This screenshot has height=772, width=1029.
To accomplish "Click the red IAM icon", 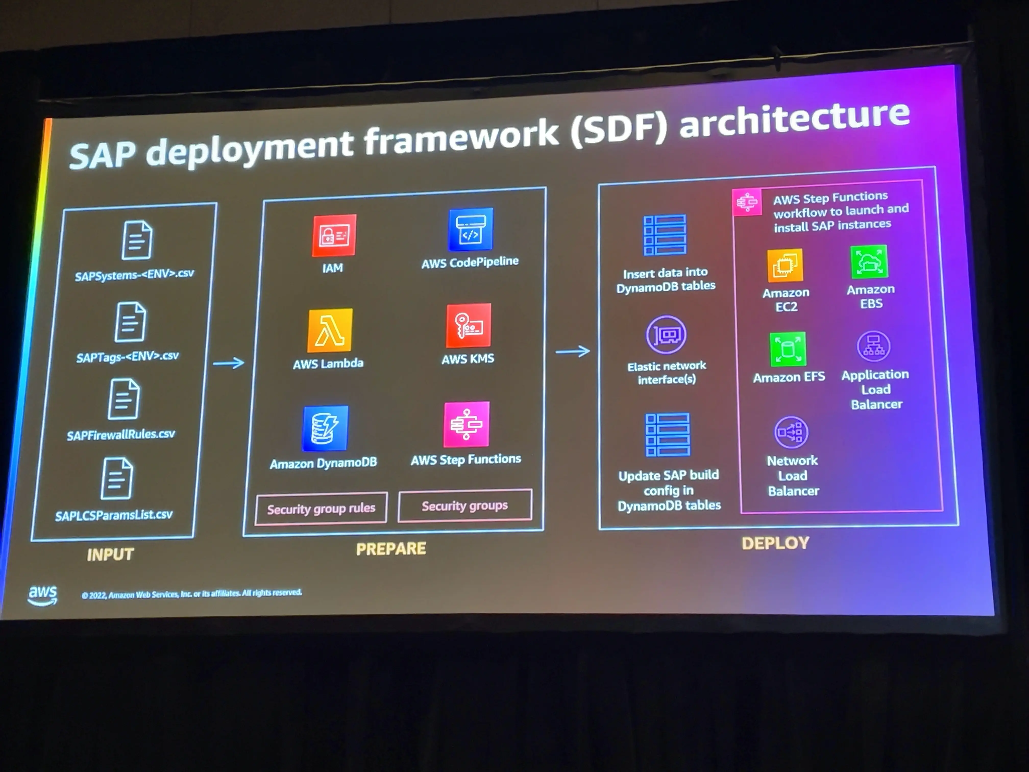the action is pyautogui.click(x=334, y=235).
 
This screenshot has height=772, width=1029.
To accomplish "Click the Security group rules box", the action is pyautogui.click(x=321, y=508).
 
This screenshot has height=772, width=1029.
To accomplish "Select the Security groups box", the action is pyautogui.click(x=465, y=505).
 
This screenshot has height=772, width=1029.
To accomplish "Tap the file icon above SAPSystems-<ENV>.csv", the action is pyautogui.click(x=137, y=240).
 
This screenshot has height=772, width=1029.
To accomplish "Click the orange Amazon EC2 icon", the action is pyautogui.click(x=785, y=265).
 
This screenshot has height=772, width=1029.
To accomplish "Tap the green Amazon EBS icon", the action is pyautogui.click(x=869, y=261).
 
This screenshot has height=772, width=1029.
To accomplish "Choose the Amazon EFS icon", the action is pyautogui.click(x=788, y=349).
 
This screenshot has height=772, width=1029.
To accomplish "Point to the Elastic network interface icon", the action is pyautogui.click(x=666, y=335).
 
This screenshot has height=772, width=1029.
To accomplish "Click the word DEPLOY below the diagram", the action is pyautogui.click(x=776, y=543).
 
